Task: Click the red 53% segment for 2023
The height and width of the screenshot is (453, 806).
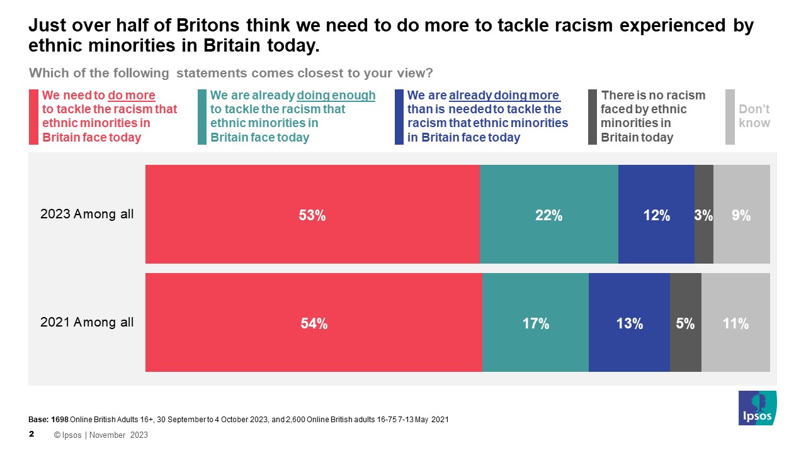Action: pyautogui.click(x=312, y=214)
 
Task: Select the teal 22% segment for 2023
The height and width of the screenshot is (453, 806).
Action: pyautogui.click(x=548, y=214)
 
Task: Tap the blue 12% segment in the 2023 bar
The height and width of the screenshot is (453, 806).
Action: pyautogui.click(x=656, y=214)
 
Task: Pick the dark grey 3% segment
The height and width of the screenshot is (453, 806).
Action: pyautogui.click(x=703, y=214)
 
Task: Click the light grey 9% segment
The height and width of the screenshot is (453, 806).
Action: pyautogui.click(x=741, y=214)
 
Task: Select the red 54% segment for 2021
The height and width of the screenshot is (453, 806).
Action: pyautogui.click(x=314, y=323)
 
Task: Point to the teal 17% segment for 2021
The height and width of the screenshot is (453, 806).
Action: pyautogui.click(x=535, y=323)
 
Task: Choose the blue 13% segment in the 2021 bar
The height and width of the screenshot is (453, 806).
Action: pyautogui.click(x=629, y=323)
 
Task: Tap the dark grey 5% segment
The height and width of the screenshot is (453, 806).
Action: pyautogui.click(x=685, y=323)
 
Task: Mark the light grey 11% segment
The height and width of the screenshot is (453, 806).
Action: pyautogui.click(x=735, y=323)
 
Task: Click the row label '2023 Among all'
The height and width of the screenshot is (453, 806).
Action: pyautogui.click(x=87, y=214)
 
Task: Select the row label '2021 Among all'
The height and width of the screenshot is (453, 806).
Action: pyautogui.click(x=87, y=322)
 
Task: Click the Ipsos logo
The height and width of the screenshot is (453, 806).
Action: pyautogui.click(x=758, y=408)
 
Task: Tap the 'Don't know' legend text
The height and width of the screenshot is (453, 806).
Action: pyautogui.click(x=754, y=116)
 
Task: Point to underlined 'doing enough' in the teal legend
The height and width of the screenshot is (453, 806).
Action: pyautogui.click(x=336, y=96)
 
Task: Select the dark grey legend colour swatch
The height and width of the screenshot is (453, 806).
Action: pyautogui.click(x=592, y=117)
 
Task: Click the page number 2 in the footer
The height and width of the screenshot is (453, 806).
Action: pyautogui.click(x=32, y=434)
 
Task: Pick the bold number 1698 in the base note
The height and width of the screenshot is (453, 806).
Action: pyautogui.click(x=60, y=420)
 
